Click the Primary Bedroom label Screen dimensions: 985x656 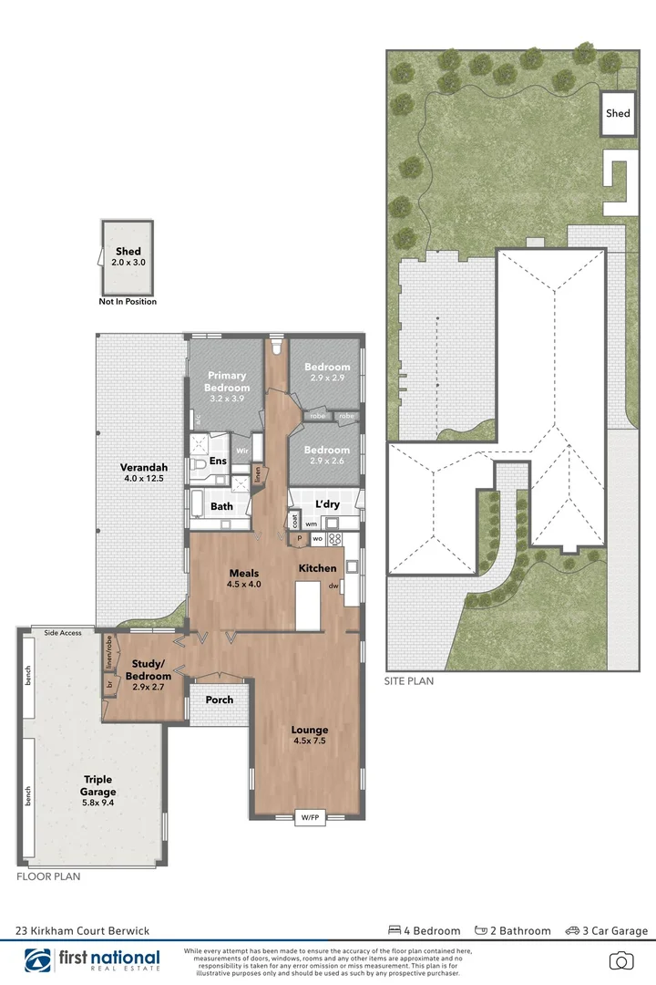tap(227, 381)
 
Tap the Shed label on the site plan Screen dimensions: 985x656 tap(618, 114)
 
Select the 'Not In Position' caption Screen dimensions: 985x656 tap(128, 302)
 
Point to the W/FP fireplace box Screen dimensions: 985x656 tap(309, 817)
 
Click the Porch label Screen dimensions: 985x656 tap(219, 700)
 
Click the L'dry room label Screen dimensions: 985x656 tap(327, 504)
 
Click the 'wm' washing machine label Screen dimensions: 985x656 tap(312, 524)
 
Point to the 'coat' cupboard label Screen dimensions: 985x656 tap(293, 521)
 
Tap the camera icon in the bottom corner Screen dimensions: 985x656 tap(621, 960)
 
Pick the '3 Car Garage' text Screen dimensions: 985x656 tap(607, 931)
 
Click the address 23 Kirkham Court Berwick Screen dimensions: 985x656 tap(82, 931)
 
